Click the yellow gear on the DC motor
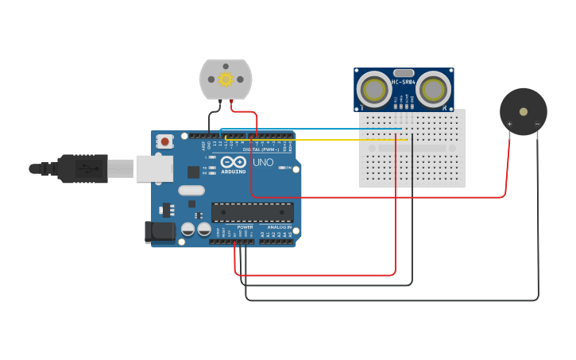point(226,79)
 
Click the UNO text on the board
point(263,163)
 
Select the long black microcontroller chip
point(252,212)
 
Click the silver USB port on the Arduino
point(154,168)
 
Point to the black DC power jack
point(160,232)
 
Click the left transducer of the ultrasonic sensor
point(373,88)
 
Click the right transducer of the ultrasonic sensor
point(435,88)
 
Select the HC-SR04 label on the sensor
point(404,82)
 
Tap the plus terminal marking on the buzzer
point(509,124)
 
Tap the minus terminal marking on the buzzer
point(537,124)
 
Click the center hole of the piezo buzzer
point(523,110)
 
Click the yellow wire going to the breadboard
point(318,140)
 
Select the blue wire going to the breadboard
point(318,128)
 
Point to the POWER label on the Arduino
point(245,226)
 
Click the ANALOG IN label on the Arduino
point(279,226)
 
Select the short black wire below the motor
point(210,119)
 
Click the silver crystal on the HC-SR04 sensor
point(404,72)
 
